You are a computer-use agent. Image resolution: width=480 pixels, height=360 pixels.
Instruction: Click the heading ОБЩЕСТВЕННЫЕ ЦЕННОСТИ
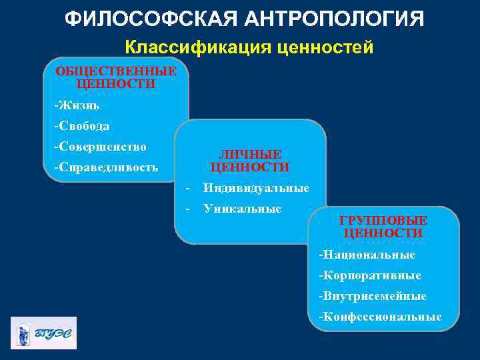click(x=116, y=77)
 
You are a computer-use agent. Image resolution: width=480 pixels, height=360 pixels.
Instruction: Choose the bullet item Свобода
click(x=82, y=125)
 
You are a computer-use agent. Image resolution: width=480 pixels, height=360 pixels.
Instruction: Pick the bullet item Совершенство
click(x=100, y=146)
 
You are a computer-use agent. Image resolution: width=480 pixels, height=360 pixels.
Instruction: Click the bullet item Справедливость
click(x=106, y=167)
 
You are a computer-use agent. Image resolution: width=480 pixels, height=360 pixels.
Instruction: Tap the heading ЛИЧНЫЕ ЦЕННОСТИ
click(x=250, y=161)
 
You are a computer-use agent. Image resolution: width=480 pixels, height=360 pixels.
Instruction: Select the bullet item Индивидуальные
click(x=256, y=188)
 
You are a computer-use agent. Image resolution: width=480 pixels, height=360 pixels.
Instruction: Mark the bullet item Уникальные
click(x=242, y=209)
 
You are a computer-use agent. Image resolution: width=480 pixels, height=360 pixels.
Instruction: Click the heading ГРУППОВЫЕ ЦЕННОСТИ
click(x=383, y=227)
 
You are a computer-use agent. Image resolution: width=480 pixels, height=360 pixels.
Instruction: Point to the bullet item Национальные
click(x=367, y=255)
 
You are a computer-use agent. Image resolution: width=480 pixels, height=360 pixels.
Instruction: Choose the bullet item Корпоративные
click(x=370, y=275)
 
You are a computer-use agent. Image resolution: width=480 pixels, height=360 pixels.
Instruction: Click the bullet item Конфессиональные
click(x=380, y=316)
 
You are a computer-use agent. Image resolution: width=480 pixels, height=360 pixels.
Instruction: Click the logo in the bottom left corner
click(x=43, y=332)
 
